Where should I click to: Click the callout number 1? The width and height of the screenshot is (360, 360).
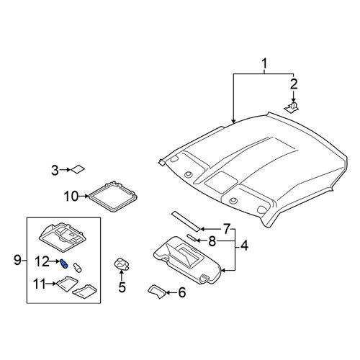click(x=264, y=64)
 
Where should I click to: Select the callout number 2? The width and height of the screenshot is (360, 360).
click(x=294, y=84)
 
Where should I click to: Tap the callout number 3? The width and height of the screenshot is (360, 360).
click(x=55, y=171)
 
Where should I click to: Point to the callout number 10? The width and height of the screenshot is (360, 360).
click(x=71, y=197)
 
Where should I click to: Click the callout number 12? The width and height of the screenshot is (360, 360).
click(x=42, y=261)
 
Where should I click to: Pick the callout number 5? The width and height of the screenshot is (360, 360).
click(x=122, y=287)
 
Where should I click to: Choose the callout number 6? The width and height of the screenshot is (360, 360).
click(x=181, y=292)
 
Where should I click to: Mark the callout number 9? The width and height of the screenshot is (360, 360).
click(x=17, y=260)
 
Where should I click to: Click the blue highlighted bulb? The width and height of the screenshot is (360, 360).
click(x=64, y=264)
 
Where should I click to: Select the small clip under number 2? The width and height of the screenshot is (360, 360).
click(x=292, y=107)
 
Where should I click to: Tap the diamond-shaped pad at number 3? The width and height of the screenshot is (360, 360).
click(x=78, y=169)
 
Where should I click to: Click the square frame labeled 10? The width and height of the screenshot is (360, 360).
click(x=113, y=197)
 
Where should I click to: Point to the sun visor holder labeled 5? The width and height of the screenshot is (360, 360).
click(x=122, y=264)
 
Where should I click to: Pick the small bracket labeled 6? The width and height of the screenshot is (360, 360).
click(x=157, y=291)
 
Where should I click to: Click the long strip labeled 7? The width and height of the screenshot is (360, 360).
click(x=186, y=222)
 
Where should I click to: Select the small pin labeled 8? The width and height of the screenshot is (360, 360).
click(x=192, y=238)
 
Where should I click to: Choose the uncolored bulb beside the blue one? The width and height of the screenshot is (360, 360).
click(x=77, y=267)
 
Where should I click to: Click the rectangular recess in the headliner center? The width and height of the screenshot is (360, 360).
click(x=221, y=181)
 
